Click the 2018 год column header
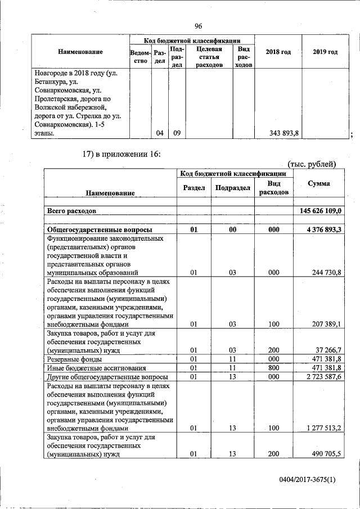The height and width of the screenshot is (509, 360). [x=278, y=52]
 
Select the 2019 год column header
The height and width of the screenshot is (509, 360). [x=325, y=52]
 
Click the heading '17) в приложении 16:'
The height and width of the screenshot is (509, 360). [x=121, y=154]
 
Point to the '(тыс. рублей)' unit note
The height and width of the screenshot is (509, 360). [x=312, y=164]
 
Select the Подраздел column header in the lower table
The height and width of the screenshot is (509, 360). [x=232, y=188]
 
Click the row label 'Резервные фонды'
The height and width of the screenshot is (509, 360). [x=74, y=359]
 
